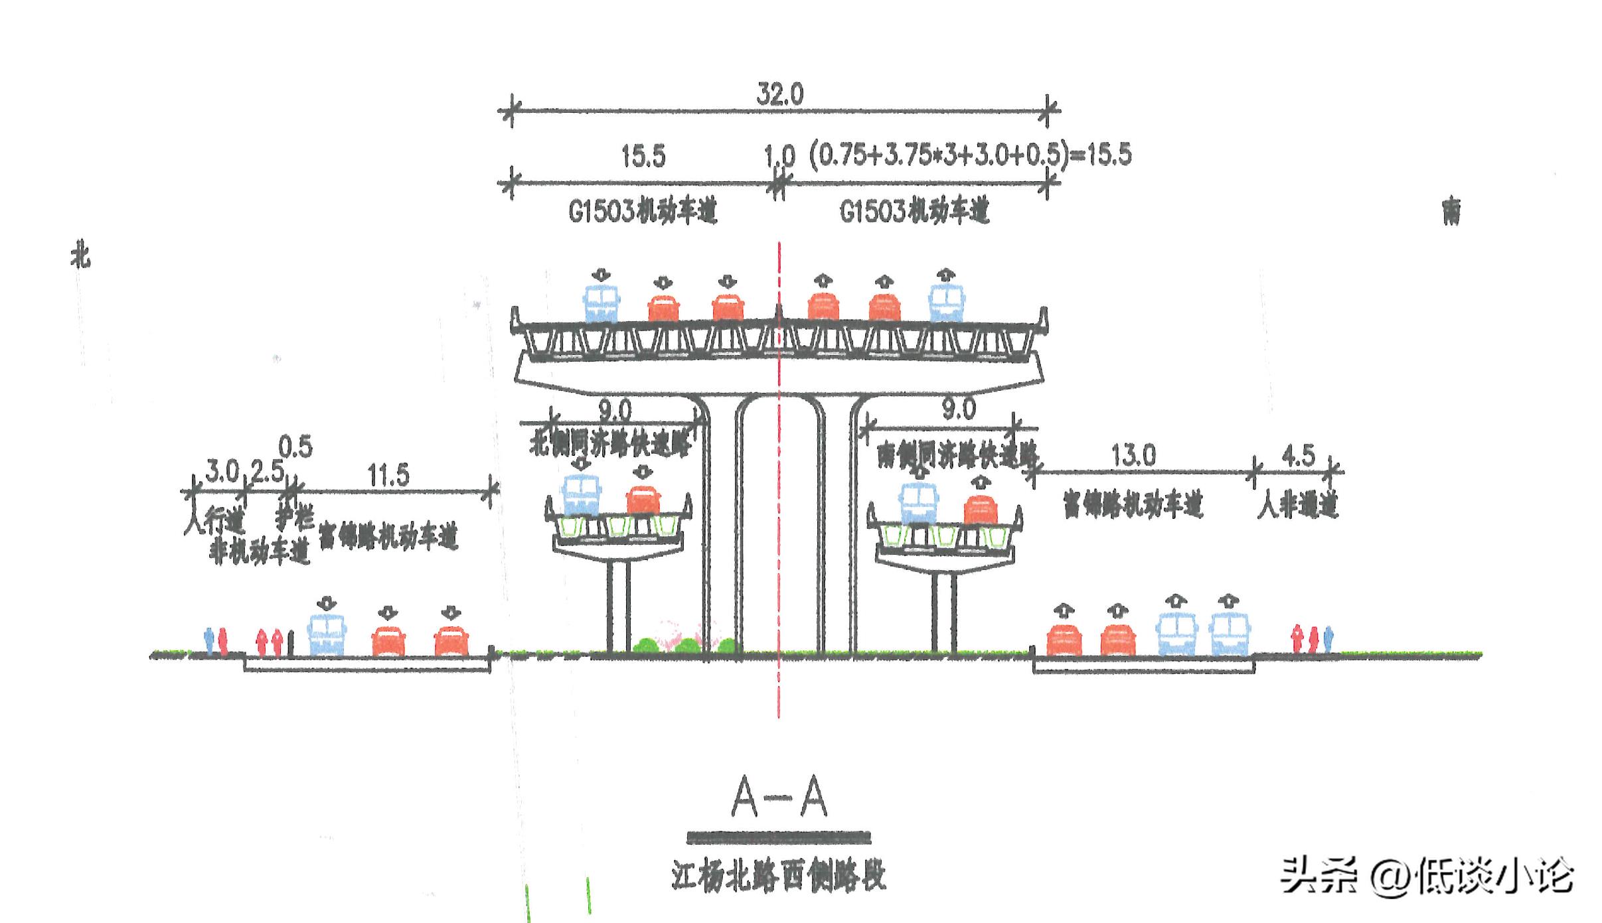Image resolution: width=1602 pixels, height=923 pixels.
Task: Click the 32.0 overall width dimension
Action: point(779,95)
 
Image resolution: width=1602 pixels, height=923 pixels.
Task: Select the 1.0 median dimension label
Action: point(779,157)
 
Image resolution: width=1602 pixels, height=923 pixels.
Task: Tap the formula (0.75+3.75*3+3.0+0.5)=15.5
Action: point(969,155)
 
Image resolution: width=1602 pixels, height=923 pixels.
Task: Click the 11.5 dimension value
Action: point(388,475)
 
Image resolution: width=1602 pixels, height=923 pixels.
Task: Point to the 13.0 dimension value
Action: point(1133,456)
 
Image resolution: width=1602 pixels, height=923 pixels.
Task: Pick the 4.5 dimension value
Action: point(1298,456)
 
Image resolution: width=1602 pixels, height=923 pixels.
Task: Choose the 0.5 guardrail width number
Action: point(295,447)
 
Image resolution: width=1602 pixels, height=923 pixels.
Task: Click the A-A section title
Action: point(779,798)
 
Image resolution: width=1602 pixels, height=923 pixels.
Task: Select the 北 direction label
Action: point(80,257)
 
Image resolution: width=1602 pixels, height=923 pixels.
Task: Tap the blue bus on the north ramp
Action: point(581,494)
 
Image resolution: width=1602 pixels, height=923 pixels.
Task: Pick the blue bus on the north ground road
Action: point(327,636)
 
